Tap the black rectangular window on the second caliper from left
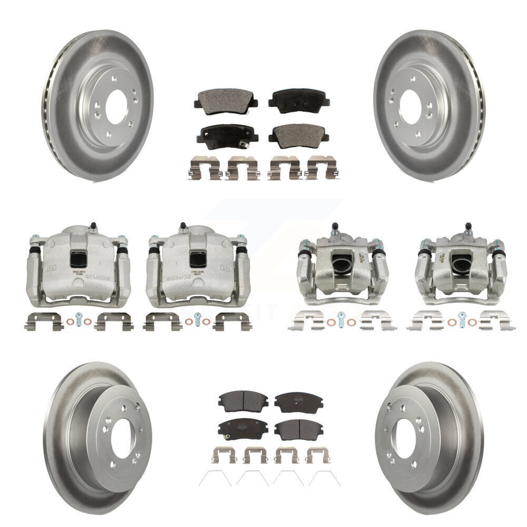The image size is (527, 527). [197, 258]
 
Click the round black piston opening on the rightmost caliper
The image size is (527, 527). [459, 263]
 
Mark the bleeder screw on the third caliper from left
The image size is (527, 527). [335, 227]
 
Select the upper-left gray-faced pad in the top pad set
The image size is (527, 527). [219, 103]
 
